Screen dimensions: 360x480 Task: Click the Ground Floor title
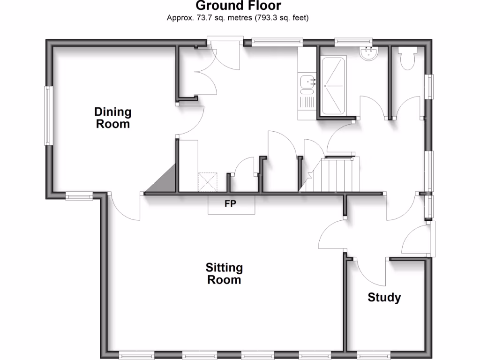238,6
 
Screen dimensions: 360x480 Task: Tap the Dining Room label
112,118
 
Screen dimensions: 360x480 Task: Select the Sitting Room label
224,274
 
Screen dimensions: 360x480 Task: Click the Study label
384,298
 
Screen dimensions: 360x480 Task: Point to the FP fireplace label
231,204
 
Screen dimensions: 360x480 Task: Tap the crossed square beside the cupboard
208,182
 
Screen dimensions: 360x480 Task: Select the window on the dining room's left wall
47,115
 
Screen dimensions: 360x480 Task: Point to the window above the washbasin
353,42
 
